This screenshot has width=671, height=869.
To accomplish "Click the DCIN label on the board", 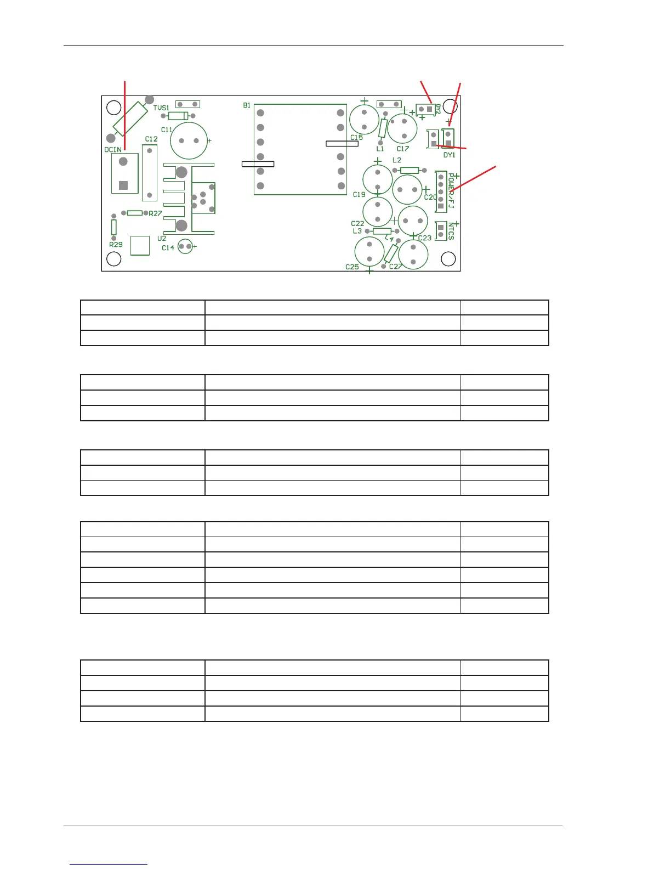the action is (113, 150).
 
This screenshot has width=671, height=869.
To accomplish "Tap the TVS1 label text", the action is (161, 108).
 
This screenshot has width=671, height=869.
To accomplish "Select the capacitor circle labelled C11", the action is (189, 141).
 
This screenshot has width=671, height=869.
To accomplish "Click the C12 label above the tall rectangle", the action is (151, 139).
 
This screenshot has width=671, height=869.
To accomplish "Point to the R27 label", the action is (156, 213).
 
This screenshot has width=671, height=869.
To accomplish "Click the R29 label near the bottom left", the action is (116, 245).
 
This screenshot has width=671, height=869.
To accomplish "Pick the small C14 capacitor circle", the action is (186, 247).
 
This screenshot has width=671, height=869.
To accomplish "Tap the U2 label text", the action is (162, 239).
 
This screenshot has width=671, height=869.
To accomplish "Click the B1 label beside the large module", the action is (247, 105).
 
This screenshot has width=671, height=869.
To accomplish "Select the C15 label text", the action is (356, 138).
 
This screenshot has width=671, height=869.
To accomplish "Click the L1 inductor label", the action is (380, 149).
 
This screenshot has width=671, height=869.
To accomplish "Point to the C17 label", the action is (403, 149).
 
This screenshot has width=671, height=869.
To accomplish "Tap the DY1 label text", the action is (450, 155).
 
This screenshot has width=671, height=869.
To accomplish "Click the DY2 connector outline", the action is (425, 110).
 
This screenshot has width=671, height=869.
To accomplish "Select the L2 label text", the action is (397, 160).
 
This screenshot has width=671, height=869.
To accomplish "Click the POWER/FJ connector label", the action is (451, 190).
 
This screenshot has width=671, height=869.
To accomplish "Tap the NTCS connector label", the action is (451, 231).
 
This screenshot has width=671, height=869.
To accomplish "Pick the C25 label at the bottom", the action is (352, 267).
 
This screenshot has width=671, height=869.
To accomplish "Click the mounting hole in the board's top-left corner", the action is (113, 107).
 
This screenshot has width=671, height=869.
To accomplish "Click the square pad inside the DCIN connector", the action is (123, 185).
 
